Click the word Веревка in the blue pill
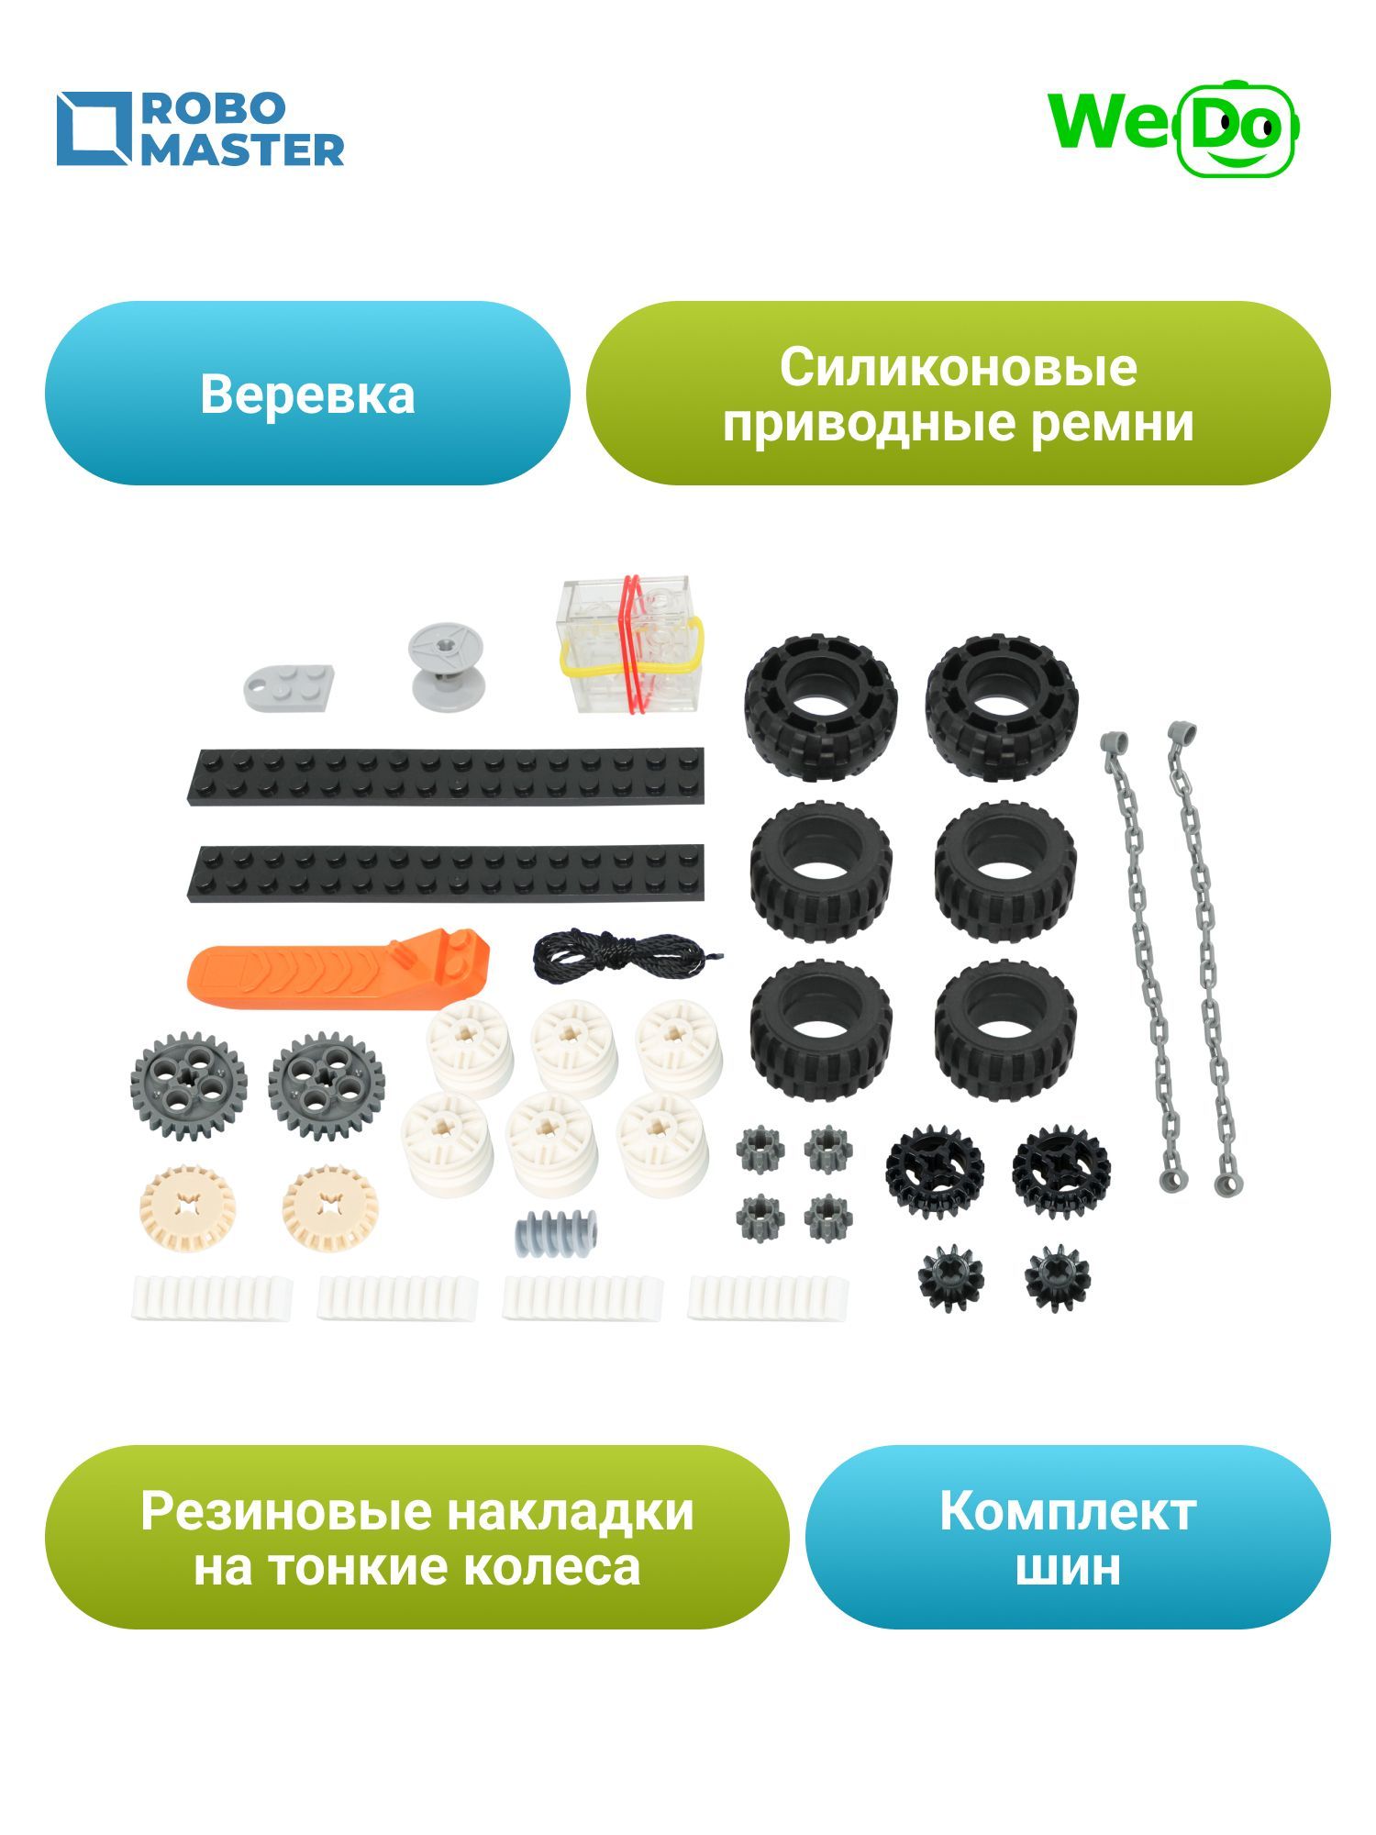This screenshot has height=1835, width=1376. tap(307, 395)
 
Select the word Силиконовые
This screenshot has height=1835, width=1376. tap(958, 367)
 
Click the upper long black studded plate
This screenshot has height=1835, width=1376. tap(447, 775)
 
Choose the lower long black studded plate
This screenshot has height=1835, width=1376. tap(447, 872)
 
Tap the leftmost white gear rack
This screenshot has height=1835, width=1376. tap(212, 1297)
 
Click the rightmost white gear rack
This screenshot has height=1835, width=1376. tap(769, 1297)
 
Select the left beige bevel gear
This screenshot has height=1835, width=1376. tap(186, 1207)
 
